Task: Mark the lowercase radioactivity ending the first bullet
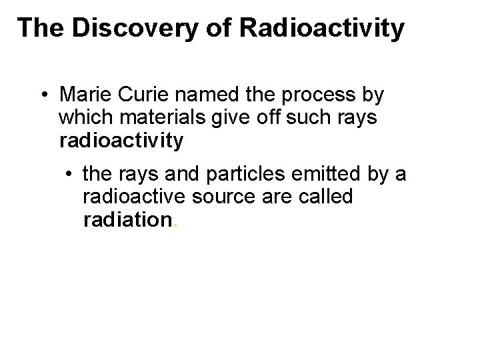coord(121,142)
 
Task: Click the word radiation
coord(127,221)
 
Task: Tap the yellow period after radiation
coord(175,226)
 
